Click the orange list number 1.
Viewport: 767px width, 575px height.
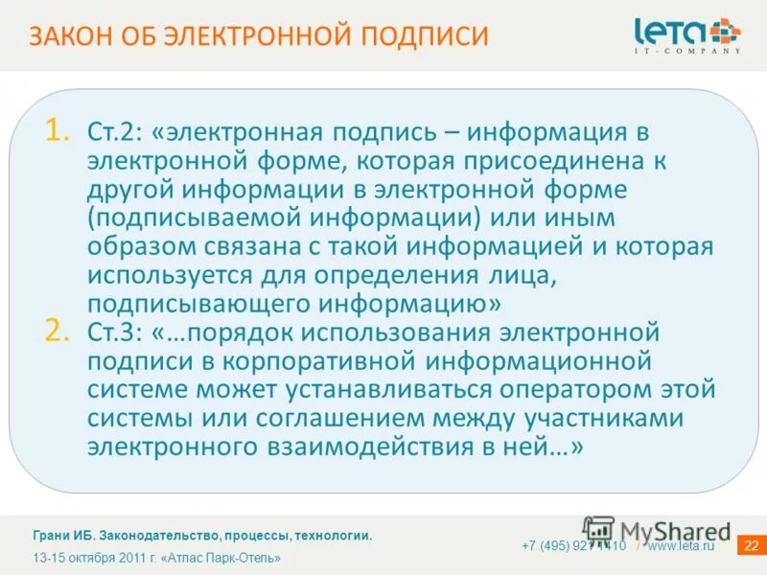57,130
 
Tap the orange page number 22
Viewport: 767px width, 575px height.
751,546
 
